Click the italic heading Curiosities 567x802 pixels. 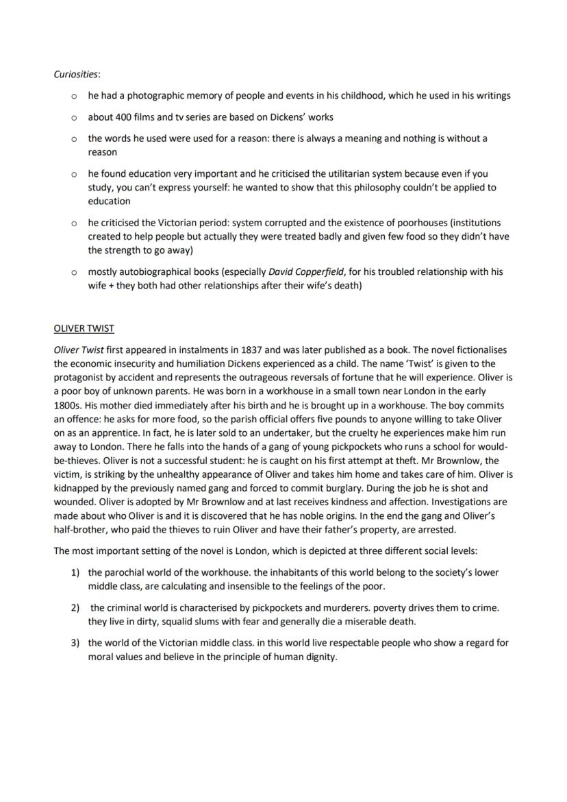[x=77, y=74]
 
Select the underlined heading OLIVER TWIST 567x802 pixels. [x=84, y=328]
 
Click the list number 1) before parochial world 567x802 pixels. [x=76, y=572]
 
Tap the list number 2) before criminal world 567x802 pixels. [x=76, y=607]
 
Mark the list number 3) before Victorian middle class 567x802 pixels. [x=76, y=643]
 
